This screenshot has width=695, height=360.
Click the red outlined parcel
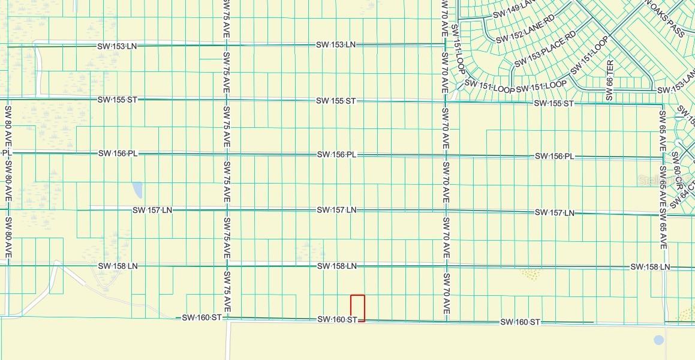click(357, 307)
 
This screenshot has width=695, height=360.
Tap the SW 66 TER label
click(610, 80)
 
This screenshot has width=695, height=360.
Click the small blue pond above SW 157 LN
click(137, 190)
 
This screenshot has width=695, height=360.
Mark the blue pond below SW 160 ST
click(659, 340)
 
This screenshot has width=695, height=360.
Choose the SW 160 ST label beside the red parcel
click(338, 320)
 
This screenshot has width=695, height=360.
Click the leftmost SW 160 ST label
click(202, 317)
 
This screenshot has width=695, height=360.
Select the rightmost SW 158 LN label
click(650, 266)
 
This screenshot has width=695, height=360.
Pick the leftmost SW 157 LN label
click(152, 210)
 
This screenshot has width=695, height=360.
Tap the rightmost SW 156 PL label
click(555, 156)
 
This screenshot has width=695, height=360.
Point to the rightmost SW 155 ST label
click(554, 103)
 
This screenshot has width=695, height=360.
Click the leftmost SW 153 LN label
click(118, 46)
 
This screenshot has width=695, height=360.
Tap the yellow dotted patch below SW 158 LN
click(529, 274)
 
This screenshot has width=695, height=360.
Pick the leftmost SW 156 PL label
click(118, 153)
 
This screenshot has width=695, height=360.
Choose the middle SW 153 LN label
click(336, 44)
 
